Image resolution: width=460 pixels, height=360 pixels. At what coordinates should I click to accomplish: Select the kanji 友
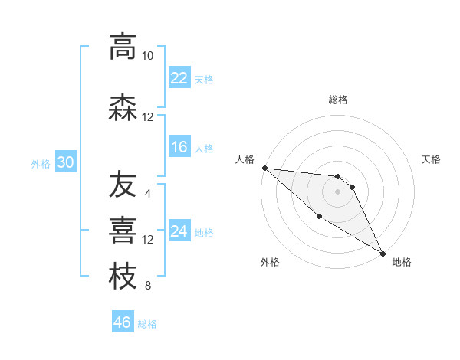[123, 185]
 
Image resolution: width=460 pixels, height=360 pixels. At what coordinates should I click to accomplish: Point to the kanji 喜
[123, 231]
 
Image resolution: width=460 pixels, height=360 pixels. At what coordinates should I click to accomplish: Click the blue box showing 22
[179, 78]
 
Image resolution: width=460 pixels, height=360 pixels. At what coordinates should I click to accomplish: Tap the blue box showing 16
[179, 147]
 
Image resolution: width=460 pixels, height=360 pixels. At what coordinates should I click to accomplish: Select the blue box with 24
[179, 231]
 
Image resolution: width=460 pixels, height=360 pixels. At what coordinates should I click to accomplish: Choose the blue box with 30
[65, 162]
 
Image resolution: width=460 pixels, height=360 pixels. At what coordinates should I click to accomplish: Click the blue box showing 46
[123, 322]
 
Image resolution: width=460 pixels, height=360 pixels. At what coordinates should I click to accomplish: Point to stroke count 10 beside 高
[147, 56]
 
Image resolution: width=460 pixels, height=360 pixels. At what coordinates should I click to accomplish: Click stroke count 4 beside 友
[147, 193]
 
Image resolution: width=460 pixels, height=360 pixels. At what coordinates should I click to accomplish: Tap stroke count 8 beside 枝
[147, 286]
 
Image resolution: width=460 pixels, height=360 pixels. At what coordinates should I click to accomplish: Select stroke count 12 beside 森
[147, 117]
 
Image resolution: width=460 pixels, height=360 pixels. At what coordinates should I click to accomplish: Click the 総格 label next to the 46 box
[147, 324]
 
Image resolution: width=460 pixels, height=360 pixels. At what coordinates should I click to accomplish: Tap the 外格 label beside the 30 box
[41, 163]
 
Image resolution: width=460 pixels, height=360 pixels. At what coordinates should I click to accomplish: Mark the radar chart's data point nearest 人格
[264, 168]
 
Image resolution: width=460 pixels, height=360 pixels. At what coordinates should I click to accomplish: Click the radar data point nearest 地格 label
[383, 253]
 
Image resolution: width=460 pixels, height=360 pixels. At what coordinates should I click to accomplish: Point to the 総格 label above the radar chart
[337, 100]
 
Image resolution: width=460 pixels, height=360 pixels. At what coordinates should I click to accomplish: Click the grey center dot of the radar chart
[337, 191]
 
